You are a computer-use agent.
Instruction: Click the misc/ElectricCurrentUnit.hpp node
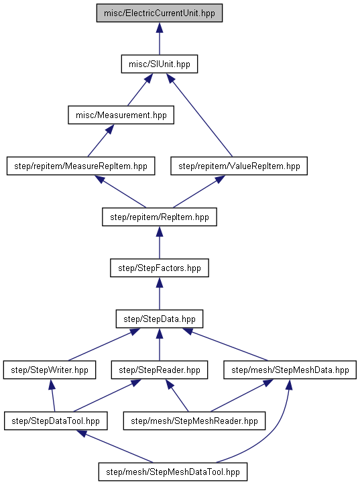(x=160, y=13)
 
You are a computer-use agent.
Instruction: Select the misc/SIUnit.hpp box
(x=160, y=64)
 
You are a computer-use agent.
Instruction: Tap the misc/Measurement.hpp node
(x=121, y=115)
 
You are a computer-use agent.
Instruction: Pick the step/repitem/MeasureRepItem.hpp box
(x=80, y=166)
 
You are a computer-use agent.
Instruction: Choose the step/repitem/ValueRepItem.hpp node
(x=239, y=166)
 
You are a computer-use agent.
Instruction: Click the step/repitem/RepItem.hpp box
(x=160, y=217)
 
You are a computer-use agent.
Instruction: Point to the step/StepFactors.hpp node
(x=160, y=268)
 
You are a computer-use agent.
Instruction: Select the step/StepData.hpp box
(x=160, y=319)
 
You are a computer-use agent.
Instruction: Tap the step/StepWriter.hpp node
(x=50, y=370)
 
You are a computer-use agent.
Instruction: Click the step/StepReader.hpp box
(x=160, y=370)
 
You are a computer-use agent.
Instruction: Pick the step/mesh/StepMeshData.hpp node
(x=290, y=370)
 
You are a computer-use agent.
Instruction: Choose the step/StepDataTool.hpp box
(x=56, y=421)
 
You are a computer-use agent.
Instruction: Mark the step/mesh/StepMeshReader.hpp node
(x=194, y=421)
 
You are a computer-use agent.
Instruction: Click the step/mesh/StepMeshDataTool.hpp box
(x=173, y=472)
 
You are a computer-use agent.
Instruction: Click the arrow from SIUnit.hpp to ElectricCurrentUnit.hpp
(x=160, y=39)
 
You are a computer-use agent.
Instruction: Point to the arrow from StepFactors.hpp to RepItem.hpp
(x=160, y=243)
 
